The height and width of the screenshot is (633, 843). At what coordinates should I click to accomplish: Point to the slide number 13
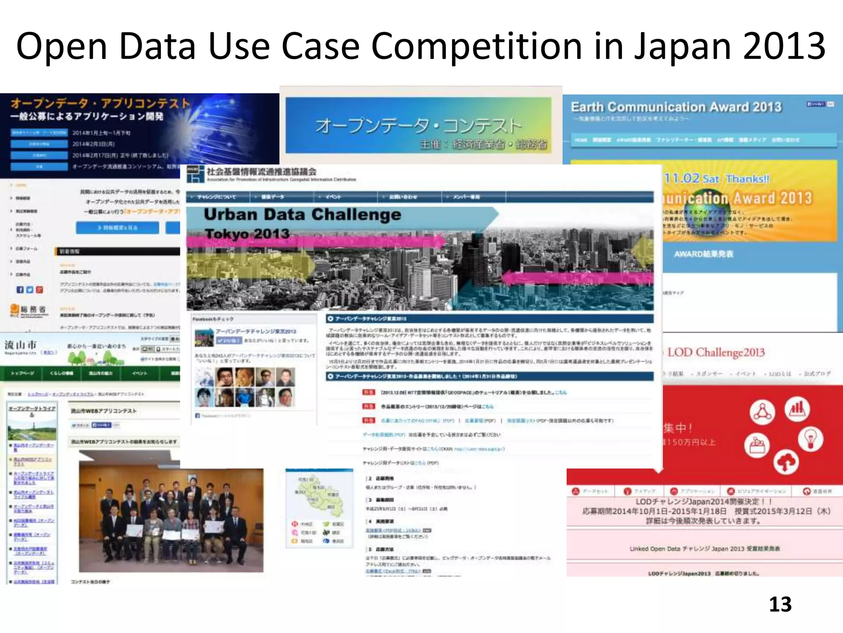tap(780, 605)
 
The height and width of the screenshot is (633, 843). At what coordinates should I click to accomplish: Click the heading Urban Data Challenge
tap(302, 215)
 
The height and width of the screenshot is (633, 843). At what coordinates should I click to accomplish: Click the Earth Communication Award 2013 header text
tap(676, 107)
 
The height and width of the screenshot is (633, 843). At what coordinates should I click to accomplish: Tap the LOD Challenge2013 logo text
tap(716, 352)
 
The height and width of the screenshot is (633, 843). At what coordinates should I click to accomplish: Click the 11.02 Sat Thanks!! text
tap(716, 179)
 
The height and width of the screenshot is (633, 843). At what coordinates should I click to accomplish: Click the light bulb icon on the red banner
tap(810, 439)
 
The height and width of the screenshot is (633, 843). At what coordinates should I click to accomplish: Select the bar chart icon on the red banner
tap(797, 409)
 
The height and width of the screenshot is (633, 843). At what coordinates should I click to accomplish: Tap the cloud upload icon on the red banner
tap(786, 463)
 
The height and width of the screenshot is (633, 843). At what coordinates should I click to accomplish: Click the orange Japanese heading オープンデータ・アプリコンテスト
tap(100, 103)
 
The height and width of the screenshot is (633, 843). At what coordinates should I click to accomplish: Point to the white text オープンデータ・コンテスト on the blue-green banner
tap(418, 126)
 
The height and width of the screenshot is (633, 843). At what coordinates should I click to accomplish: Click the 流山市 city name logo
tap(21, 345)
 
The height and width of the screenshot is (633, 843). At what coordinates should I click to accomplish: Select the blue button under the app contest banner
tap(117, 227)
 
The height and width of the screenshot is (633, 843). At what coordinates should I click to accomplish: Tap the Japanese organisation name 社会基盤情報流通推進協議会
tap(261, 171)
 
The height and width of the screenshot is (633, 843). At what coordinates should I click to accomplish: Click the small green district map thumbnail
tap(319, 495)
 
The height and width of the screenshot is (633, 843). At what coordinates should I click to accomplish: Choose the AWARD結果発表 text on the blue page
tap(703, 254)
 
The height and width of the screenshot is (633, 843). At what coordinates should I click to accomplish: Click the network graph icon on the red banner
tap(762, 412)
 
